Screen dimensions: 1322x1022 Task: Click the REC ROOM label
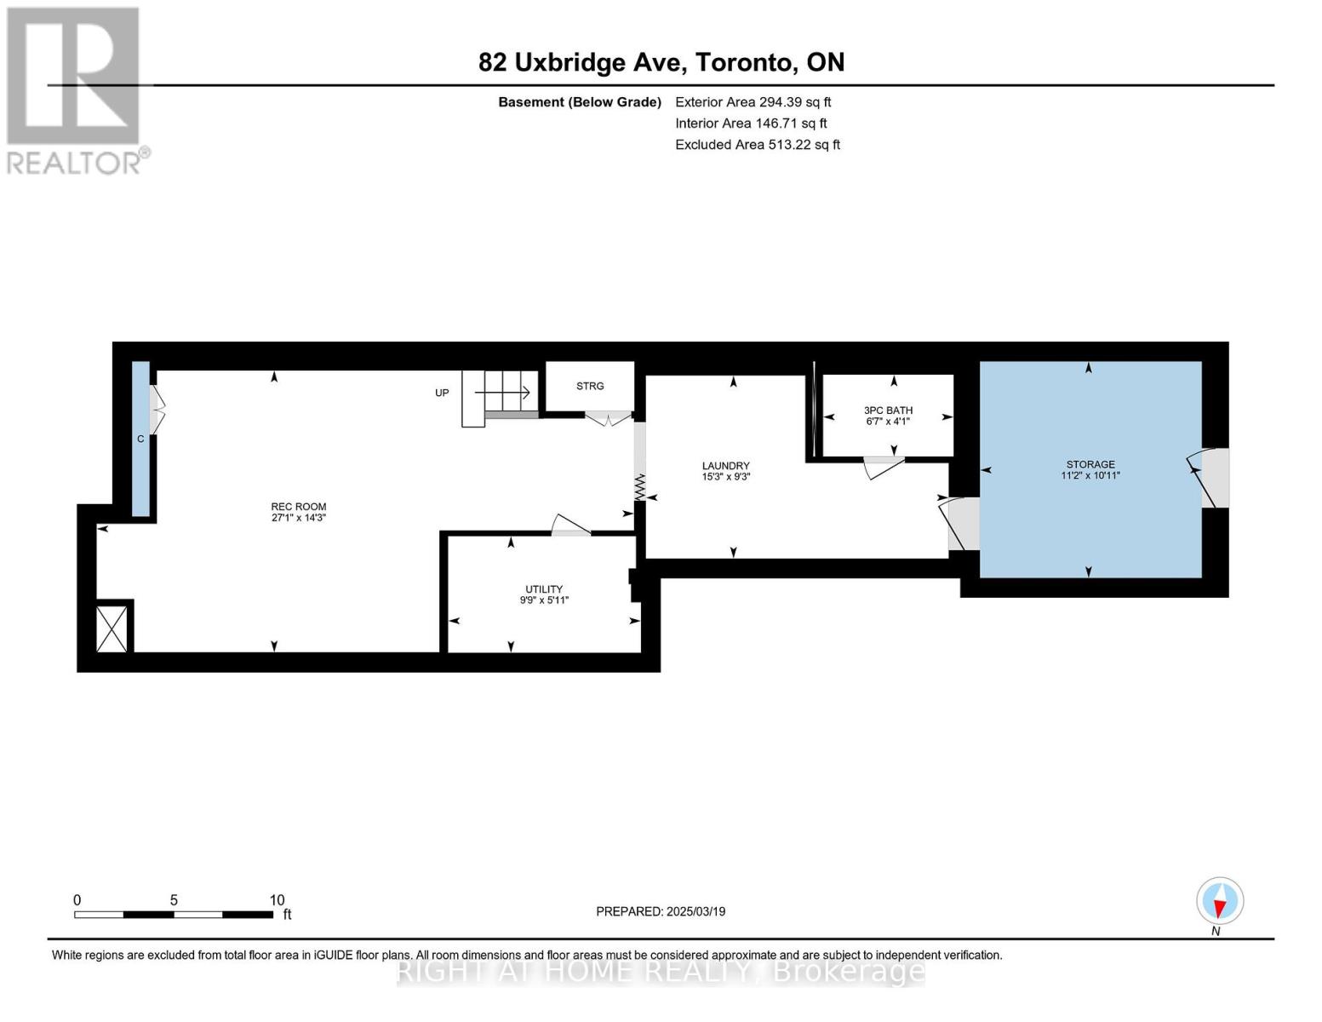298,506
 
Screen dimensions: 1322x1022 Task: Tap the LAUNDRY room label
725,465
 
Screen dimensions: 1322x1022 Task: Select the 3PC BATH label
888,411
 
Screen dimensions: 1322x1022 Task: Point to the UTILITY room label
544,589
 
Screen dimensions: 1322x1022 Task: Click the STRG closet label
590,386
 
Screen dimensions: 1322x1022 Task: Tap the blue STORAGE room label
1090,464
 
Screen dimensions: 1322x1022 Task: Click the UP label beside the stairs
442,393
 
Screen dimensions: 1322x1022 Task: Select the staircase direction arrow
502,393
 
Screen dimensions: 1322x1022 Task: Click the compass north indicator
1219,901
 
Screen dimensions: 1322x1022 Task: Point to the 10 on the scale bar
277,899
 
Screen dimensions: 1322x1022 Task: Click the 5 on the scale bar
174,899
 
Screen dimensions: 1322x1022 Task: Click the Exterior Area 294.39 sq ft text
753,102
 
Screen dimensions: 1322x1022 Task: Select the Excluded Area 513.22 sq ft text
758,145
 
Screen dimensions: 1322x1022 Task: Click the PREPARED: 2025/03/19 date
661,911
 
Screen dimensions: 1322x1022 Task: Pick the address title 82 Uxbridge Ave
583,63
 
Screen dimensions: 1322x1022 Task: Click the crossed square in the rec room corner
112,629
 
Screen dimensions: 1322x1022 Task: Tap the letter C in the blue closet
140,439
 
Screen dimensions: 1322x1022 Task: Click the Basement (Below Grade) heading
579,102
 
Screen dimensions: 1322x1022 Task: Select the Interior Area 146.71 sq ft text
751,123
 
